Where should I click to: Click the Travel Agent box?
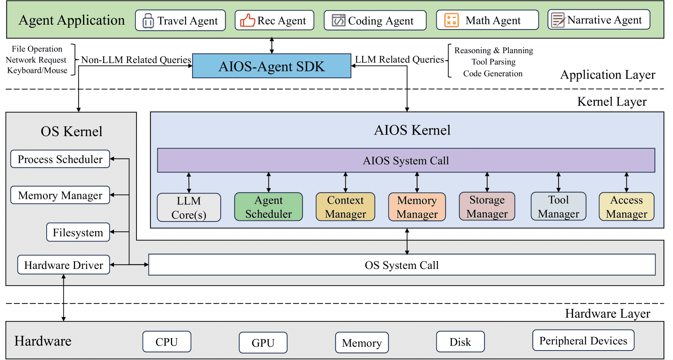(180, 20)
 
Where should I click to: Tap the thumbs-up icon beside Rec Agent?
(248, 20)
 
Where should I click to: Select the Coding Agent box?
(375, 20)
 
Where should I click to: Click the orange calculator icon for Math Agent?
(451, 20)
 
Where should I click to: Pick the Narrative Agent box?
(599, 20)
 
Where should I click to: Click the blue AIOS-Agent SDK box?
(272, 66)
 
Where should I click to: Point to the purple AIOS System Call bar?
(406, 160)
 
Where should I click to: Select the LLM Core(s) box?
(189, 208)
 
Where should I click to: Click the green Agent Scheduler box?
(268, 207)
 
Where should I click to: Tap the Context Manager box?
(345, 207)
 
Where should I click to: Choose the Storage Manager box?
(487, 206)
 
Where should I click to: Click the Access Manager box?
(626, 206)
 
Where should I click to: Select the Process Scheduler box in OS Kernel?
(60, 159)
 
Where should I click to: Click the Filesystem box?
(78, 232)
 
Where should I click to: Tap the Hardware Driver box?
(64, 265)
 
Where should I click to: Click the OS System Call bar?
(402, 265)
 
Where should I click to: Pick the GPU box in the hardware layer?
(263, 343)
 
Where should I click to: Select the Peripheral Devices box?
(583, 340)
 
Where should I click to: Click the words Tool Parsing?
(493, 62)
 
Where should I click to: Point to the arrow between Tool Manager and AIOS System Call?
(558, 182)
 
